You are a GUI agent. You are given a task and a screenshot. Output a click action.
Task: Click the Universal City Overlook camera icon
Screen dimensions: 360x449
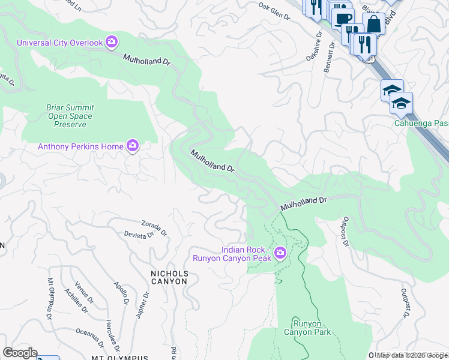(112, 42)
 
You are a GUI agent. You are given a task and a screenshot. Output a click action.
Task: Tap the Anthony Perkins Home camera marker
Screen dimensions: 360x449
(132, 146)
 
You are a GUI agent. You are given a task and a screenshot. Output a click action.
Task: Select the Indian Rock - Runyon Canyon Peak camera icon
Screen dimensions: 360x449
(280, 254)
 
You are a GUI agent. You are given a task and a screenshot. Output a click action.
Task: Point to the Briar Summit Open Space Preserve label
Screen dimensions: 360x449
(70, 116)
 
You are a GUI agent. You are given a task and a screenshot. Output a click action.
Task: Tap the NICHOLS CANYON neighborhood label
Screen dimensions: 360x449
(169, 277)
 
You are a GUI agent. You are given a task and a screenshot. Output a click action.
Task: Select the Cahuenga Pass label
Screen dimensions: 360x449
(421, 123)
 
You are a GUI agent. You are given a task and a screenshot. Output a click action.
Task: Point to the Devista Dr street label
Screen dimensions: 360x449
(139, 236)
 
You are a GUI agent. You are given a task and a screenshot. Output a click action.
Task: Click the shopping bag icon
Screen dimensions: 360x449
(373, 24)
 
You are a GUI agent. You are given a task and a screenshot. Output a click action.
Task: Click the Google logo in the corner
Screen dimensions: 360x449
(20, 353)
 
